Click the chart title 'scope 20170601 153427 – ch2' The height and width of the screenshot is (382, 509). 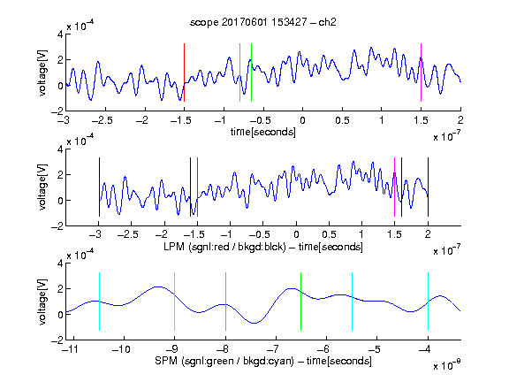pos(263,22)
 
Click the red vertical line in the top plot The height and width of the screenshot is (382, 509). pos(184,73)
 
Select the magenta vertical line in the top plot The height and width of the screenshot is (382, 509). pos(421,73)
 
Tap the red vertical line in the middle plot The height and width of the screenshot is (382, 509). pos(197,187)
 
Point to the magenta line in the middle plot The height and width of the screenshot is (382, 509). pos(394,187)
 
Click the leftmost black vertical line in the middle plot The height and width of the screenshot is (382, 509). pos(99,187)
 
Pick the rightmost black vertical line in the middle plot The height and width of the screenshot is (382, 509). pos(428,187)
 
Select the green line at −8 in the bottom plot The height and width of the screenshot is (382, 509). pos(225,302)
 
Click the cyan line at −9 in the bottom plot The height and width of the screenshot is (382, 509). pos(174,302)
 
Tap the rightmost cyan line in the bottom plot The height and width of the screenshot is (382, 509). pos(428,302)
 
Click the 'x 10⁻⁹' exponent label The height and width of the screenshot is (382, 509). pos(447,364)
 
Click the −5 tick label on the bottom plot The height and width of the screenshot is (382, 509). pos(375,349)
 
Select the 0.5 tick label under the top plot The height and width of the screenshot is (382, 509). pos(342,120)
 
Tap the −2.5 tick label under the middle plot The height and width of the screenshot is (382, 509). pos(128,234)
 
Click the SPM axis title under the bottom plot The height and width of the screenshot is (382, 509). pos(263,361)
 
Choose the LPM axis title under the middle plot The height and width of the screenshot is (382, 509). pos(263,247)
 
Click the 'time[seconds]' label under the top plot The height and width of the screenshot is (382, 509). pos(263,132)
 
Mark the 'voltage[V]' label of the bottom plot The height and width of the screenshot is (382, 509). pos(42,302)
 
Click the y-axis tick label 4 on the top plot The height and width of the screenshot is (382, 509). pos(60,34)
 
